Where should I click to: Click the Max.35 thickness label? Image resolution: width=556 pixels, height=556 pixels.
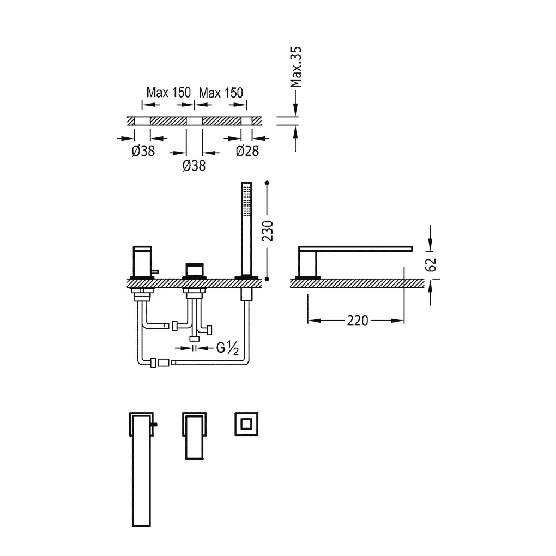[296, 67]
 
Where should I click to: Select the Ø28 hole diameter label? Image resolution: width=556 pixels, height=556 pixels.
[247, 151]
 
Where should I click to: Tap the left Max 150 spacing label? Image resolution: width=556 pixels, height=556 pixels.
[168, 93]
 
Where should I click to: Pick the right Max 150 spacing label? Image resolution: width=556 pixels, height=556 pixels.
[221, 93]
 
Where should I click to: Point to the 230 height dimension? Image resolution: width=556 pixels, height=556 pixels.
[268, 231]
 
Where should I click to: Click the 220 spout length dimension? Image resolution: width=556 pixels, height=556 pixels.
[358, 321]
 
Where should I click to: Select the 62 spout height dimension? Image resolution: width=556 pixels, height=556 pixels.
[432, 264]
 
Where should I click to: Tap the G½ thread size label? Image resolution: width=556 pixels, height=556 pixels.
[227, 348]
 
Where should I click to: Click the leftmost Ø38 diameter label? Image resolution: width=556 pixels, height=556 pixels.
[143, 151]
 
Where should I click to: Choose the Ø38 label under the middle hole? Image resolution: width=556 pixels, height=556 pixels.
[194, 166]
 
